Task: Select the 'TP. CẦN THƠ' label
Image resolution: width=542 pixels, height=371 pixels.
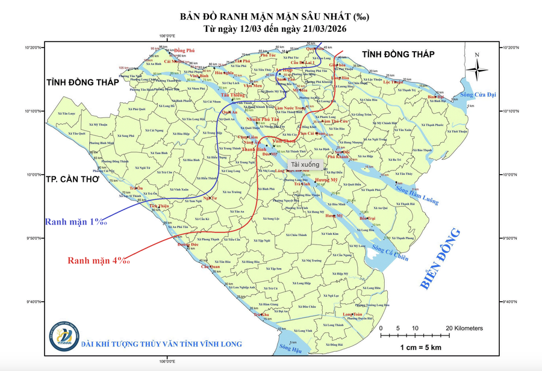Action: click(x=72, y=179)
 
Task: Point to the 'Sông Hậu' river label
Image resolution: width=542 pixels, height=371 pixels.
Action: click(x=290, y=349)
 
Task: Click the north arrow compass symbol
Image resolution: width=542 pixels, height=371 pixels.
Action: click(x=478, y=67)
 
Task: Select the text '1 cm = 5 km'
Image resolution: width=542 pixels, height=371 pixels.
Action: click(x=421, y=348)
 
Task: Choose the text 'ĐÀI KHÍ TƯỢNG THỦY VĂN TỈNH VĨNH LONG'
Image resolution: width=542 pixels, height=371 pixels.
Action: click(x=162, y=344)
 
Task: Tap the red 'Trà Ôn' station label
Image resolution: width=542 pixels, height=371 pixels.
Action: click(x=137, y=188)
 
